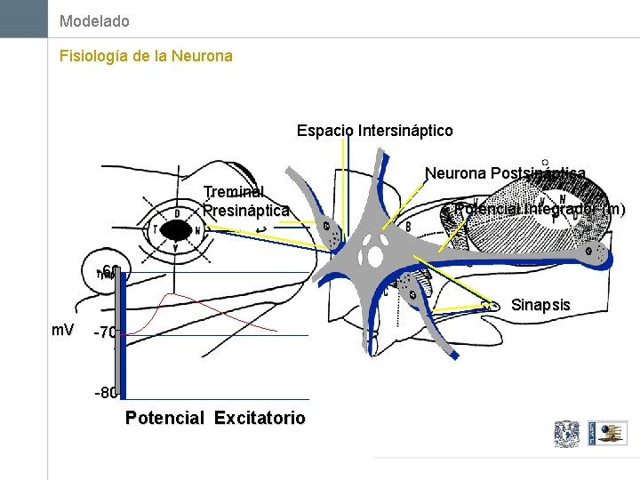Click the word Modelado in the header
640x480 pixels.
click(x=94, y=20)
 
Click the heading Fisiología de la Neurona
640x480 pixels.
click(x=146, y=56)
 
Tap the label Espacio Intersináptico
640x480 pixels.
click(x=374, y=131)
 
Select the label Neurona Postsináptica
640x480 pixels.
click(x=505, y=173)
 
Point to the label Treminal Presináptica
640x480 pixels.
click(x=245, y=201)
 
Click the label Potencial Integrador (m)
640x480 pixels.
click(x=539, y=210)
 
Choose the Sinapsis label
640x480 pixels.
click(x=540, y=305)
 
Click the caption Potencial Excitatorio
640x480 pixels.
click(x=216, y=418)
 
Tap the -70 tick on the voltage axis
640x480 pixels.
click(x=105, y=334)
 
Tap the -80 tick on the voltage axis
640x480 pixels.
click(x=105, y=393)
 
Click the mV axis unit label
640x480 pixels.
click(x=62, y=331)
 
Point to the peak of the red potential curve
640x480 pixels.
click(x=172, y=293)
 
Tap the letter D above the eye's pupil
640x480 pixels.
click(x=178, y=214)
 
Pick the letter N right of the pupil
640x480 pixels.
click(x=197, y=230)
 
